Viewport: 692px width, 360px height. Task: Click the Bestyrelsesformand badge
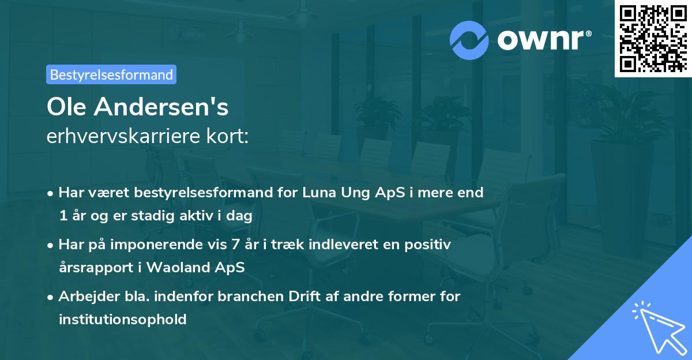pos(111,74)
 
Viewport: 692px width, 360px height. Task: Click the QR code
pos(653,38)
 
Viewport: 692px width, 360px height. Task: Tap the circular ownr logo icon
pos(469,39)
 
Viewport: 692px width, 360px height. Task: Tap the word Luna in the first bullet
pos(319,193)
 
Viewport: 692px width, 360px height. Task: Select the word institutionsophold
pos(122,319)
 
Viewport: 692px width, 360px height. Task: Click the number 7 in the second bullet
pos(235,245)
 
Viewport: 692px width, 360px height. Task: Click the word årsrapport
pos(94,268)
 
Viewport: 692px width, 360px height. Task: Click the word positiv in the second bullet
pos(430,245)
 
